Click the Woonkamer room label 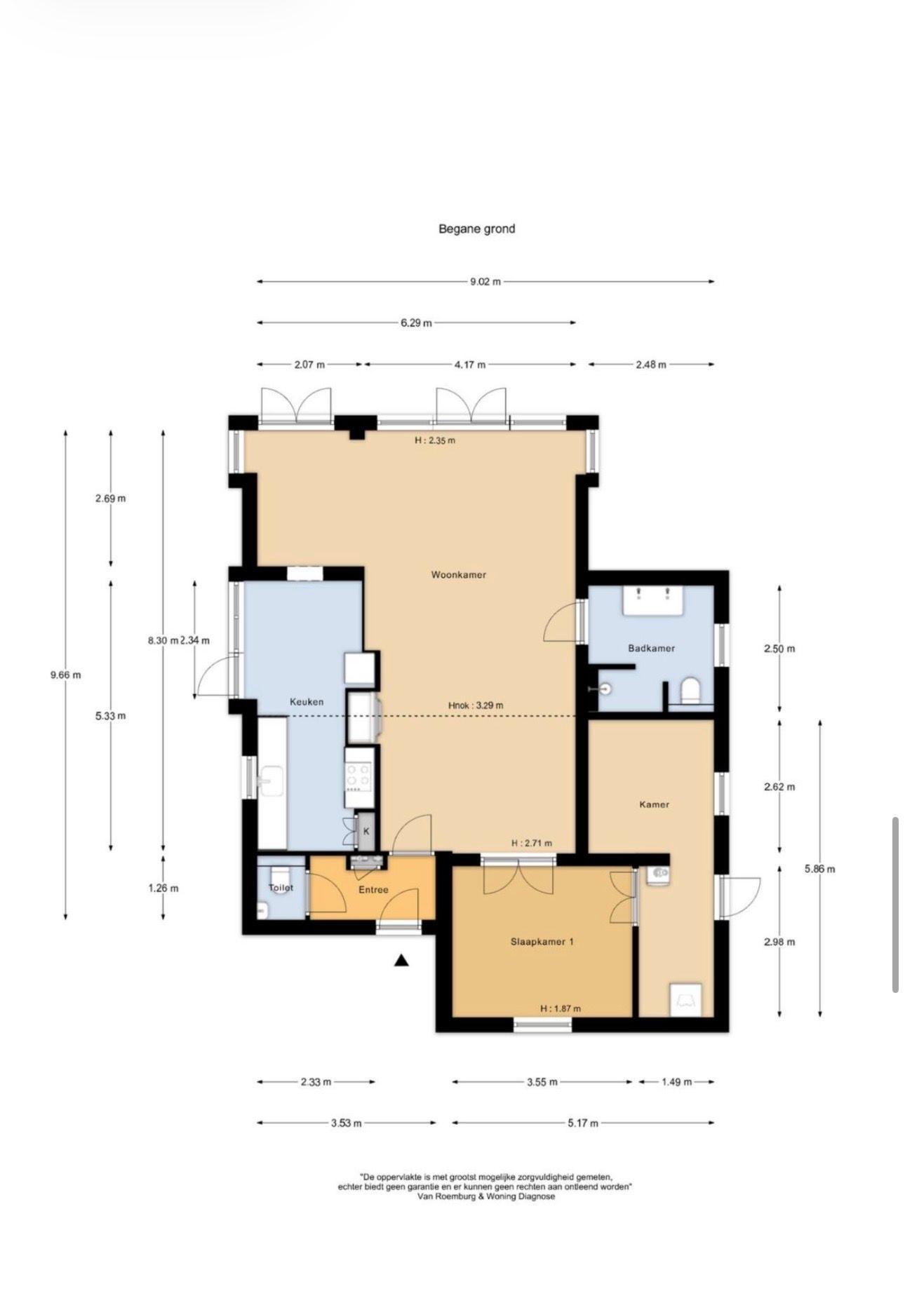tap(458, 575)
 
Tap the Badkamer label tap(651, 648)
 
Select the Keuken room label tap(307, 701)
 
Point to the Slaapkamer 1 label tap(542, 942)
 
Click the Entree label tap(373, 890)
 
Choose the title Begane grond tap(477, 229)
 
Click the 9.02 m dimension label tap(485, 282)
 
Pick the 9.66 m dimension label tap(65, 675)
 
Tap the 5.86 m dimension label tap(819, 869)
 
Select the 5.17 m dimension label tap(583, 1123)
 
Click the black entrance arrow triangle tap(401, 961)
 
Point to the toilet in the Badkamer tap(691, 690)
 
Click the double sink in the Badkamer tap(653, 600)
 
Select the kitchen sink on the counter tap(271, 780)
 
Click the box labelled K tap(366, 832)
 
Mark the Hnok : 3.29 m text tap(476, 705)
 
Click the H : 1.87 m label tap(561, 1009)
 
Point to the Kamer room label tap(654, 804)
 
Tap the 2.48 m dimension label tap(650, 365)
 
